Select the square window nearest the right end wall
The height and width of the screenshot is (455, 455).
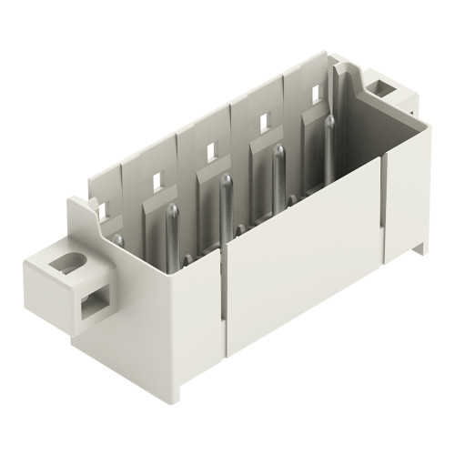point(317,92)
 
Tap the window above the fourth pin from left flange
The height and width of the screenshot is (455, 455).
point(264,119)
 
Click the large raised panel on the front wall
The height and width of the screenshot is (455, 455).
point(300,273)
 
